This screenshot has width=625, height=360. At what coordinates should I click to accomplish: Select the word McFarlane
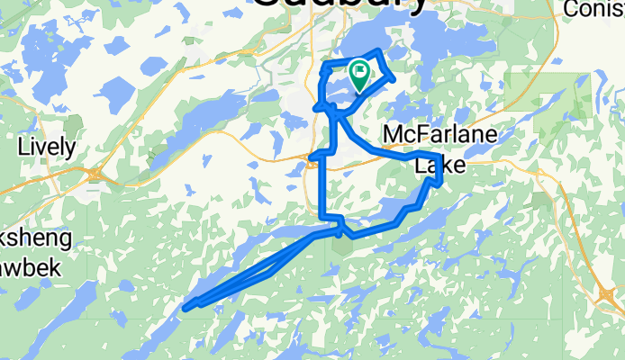click(x=439, y=134)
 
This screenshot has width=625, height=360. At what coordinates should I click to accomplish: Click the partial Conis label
click(x=594, y=8)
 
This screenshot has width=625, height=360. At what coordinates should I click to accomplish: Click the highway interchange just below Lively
click(x=95, y=173)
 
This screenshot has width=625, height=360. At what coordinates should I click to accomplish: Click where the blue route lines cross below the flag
click(x=334, y=110)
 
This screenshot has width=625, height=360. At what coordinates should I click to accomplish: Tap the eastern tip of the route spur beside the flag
click(x=394, y=78)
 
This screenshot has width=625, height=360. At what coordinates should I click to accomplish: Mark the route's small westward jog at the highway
click(x=312, y=159)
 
